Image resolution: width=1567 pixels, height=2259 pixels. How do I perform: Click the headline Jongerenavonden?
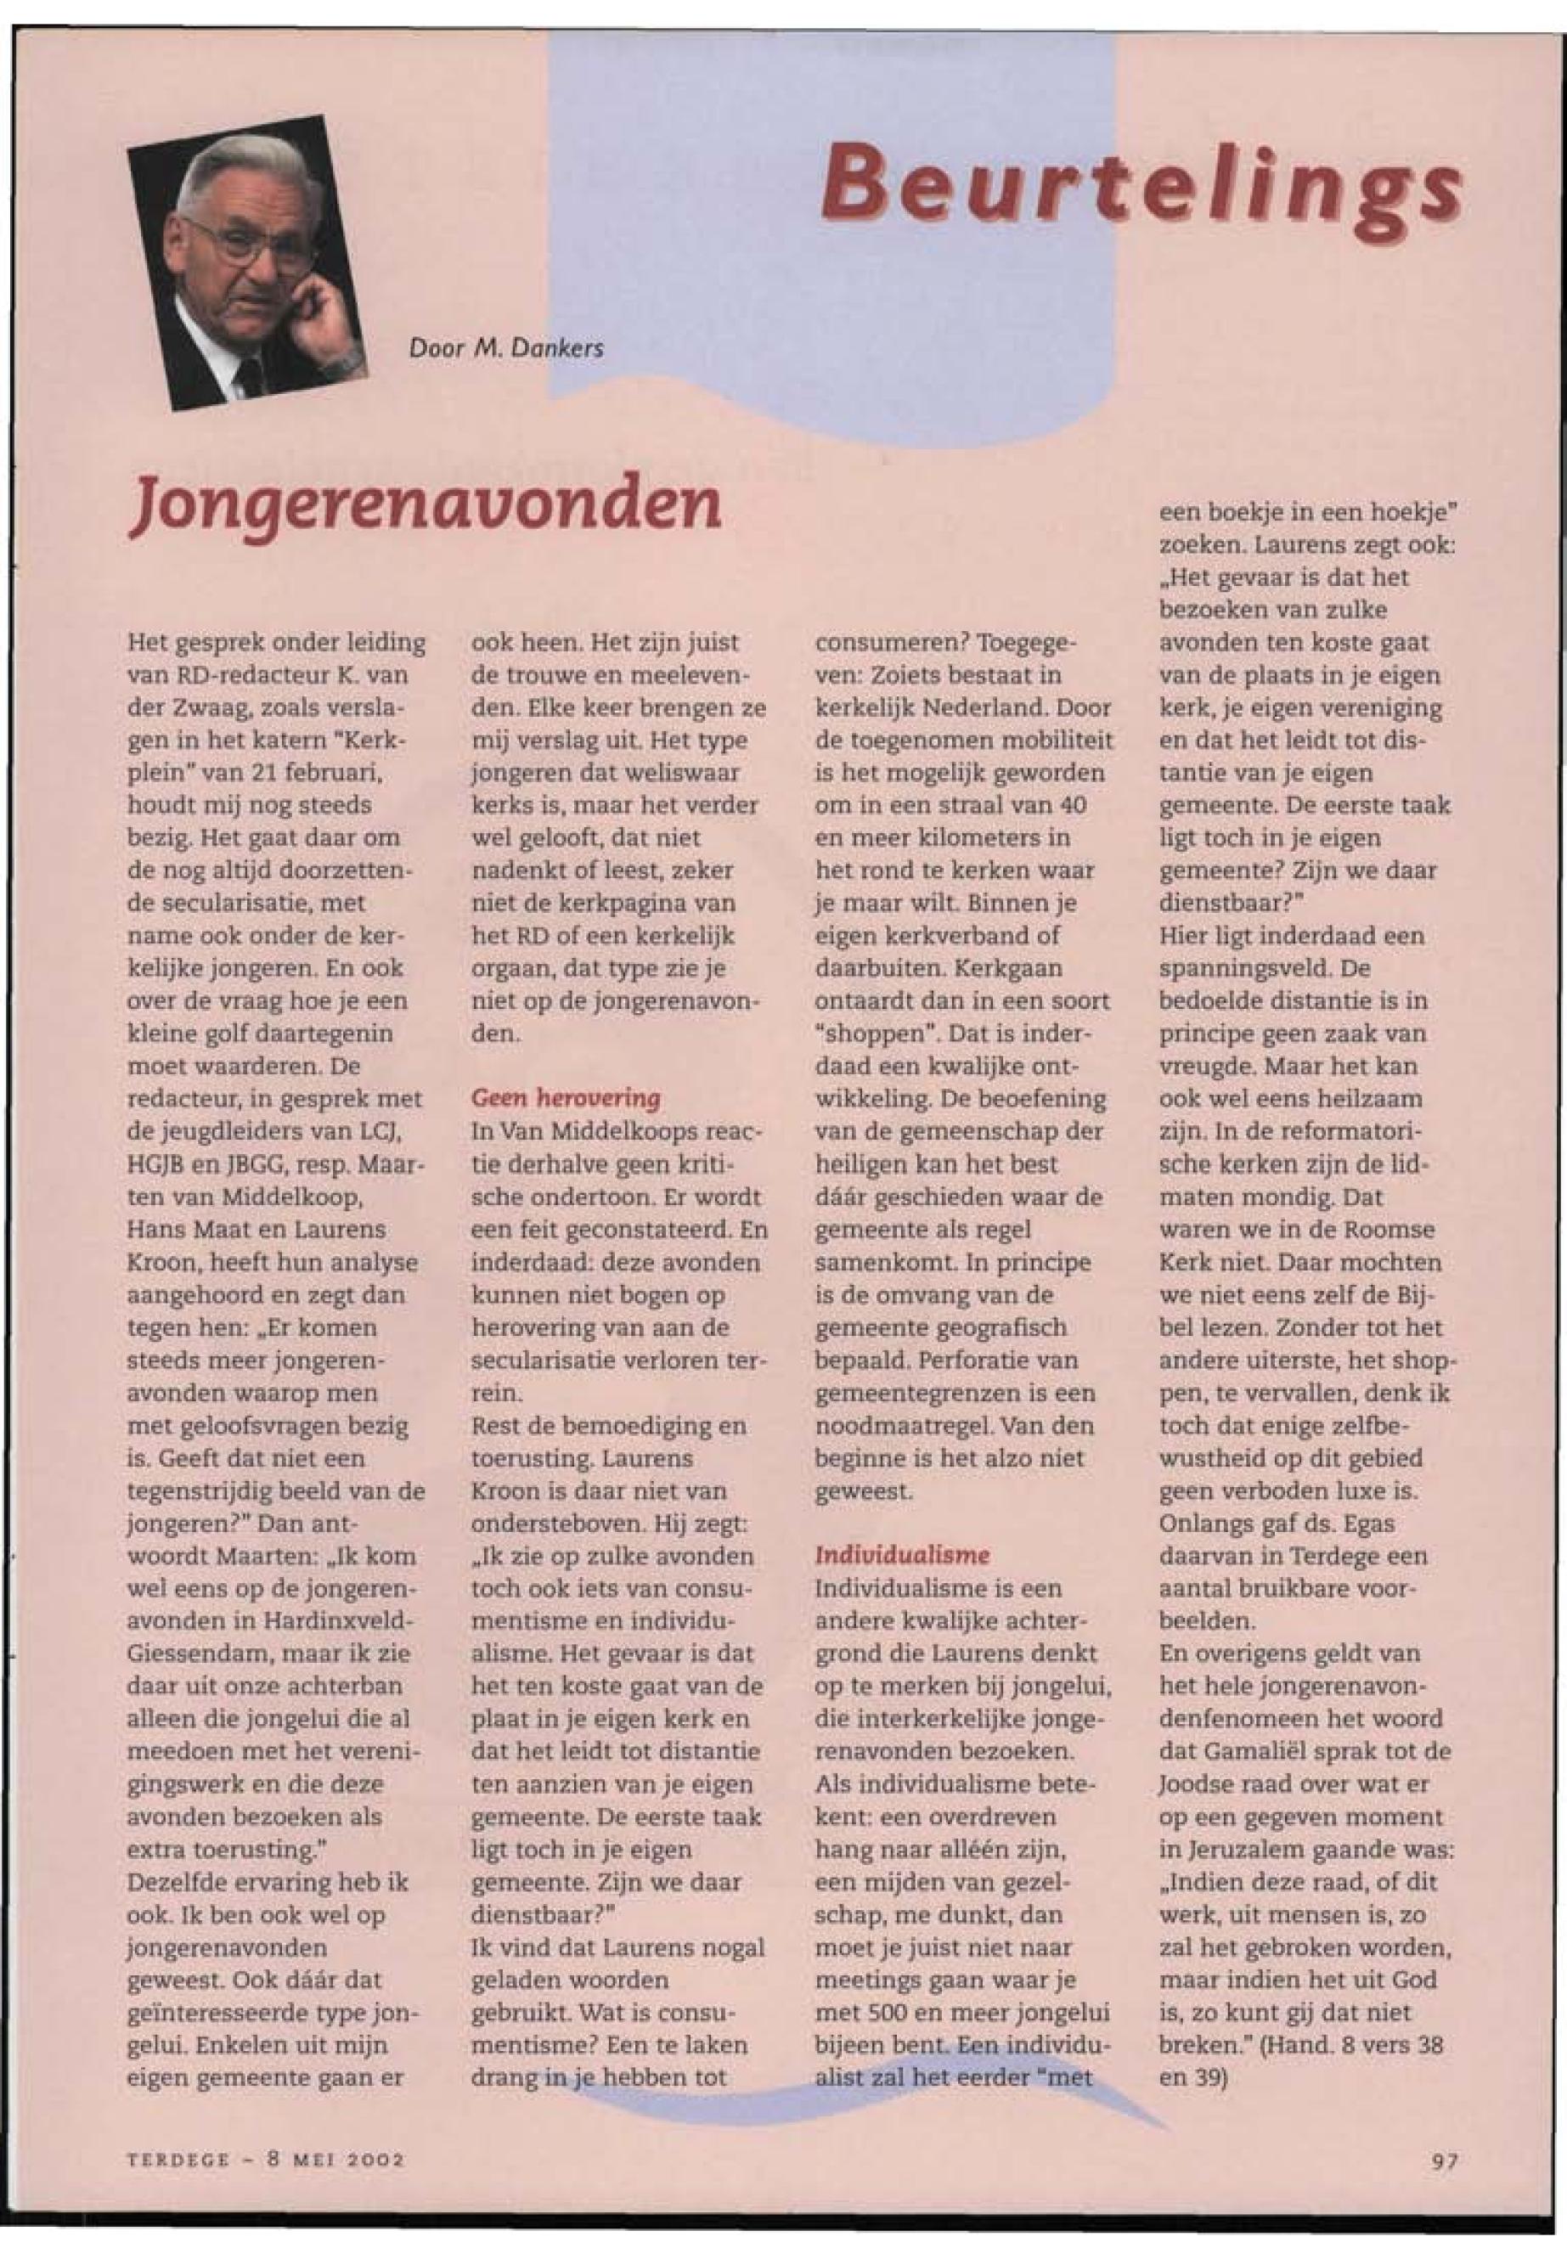point(424,504)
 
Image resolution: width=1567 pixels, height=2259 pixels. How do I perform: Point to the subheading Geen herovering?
point(566,1096)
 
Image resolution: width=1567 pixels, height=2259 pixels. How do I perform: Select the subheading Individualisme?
point(901,1555)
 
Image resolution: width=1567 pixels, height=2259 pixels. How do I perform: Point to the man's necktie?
point(248,373)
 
